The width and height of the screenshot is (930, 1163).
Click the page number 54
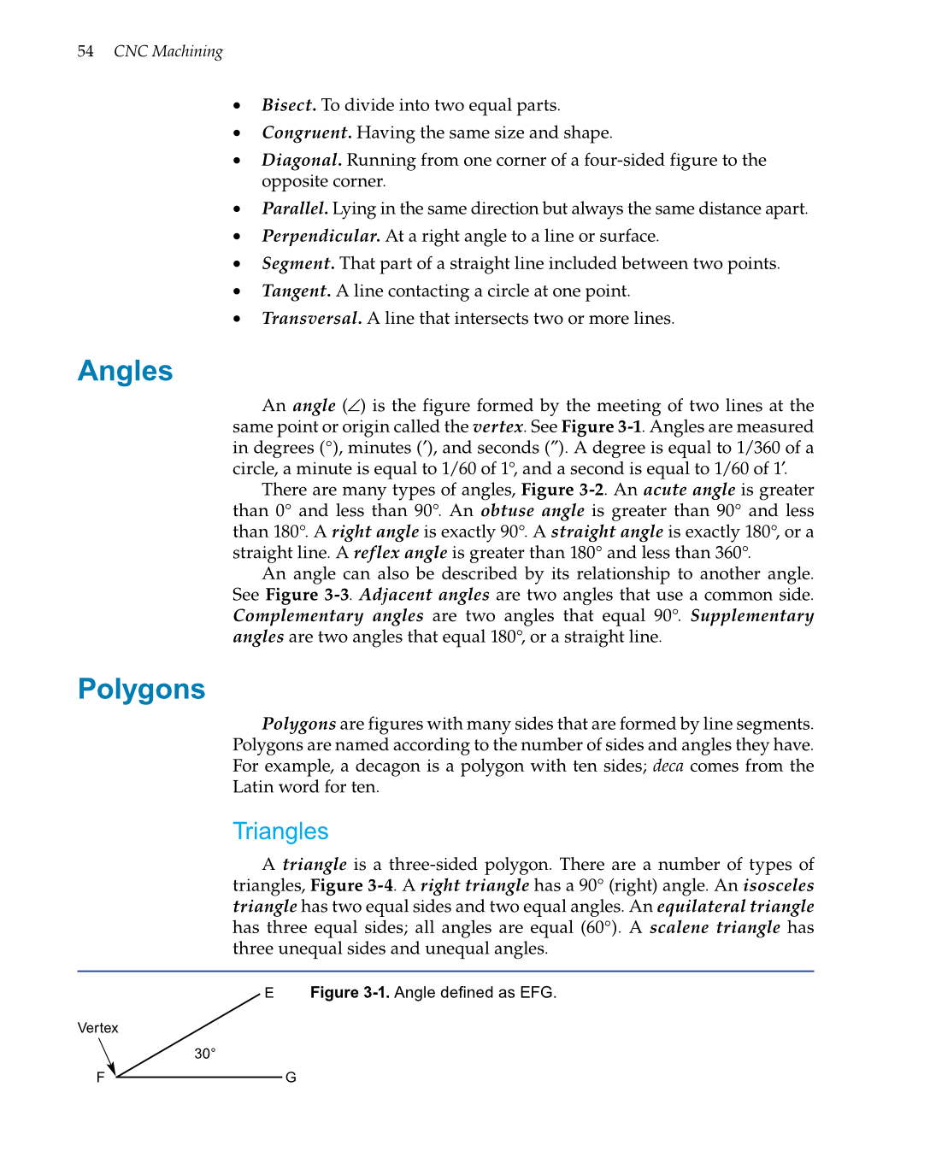(85, 51)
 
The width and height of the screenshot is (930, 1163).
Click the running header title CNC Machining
(168, 51)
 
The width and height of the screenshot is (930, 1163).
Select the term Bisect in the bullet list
(289, 105)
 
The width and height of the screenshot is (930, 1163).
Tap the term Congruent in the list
(306, 132)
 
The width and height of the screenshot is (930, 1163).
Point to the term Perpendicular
(321, 236)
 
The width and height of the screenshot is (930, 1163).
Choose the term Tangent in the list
(296, 291)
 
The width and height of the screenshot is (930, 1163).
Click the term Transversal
(311, 318)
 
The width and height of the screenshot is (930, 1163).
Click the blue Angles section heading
(126, 371)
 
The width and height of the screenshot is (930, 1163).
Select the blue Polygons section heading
(142, 689)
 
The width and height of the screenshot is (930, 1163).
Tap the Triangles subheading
(280, 831)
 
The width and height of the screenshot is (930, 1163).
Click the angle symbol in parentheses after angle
(354, 406)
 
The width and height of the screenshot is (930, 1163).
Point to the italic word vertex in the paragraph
(497, 426)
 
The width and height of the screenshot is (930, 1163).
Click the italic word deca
(668, 766)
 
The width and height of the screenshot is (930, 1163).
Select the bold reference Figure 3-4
(351, 885)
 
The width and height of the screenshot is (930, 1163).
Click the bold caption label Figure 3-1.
(350, 992)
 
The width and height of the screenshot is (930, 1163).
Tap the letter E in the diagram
(269, 993)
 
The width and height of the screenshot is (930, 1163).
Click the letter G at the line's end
(291, 1078)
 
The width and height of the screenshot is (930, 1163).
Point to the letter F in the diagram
(101, 1078)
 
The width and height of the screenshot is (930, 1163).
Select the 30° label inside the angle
(205, 1054)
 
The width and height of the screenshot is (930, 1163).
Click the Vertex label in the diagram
(98, 1028)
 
